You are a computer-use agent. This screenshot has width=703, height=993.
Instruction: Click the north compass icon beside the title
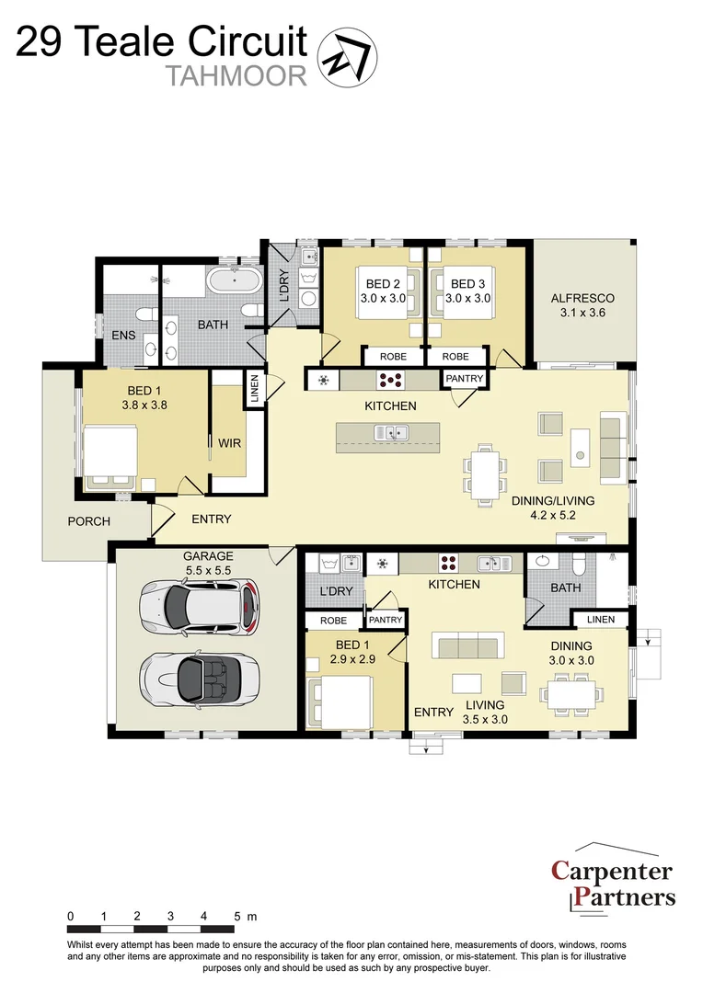(348, 56)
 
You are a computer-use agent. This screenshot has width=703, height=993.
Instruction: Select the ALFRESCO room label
(582, 305)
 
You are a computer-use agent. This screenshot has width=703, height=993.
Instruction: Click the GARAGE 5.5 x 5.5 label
(208, 563)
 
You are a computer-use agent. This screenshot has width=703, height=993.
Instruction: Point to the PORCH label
(88, 521)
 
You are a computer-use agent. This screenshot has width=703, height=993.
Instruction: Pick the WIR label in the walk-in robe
(229, 443)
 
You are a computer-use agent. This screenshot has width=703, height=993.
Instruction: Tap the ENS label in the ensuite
(123, 336)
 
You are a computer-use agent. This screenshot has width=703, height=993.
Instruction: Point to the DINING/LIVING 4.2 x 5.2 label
(552, 508)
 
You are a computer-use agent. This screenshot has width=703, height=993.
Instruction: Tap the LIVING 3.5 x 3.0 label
(486, 713)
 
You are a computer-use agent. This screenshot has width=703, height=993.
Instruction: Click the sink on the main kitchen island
(392, 432)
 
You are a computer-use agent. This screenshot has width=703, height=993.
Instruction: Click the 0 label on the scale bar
(71, 917)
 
